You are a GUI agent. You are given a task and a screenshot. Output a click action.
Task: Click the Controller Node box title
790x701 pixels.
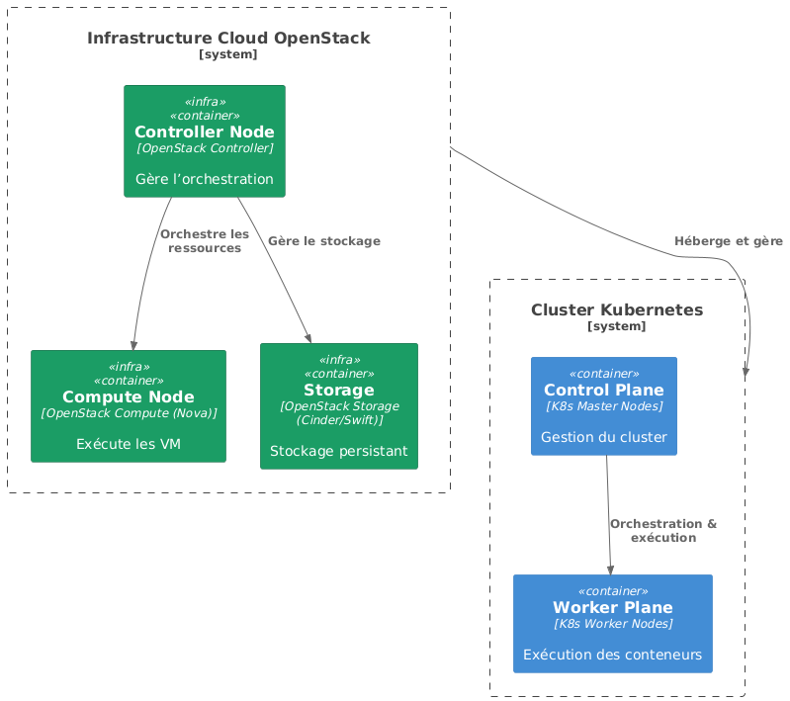pyautogui.click(x=204, y=132)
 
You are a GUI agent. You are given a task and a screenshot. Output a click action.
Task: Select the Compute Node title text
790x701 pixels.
pyautogui.click(x=129, y=396)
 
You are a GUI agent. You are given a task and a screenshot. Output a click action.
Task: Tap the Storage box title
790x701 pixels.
pyautogui.click(x=339, y=390)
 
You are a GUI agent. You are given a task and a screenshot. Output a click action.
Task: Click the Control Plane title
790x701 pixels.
pyautogui.click(x=603, y=389)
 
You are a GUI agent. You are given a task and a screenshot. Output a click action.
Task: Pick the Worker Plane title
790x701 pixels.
pyautogui.click(x=612, y=606)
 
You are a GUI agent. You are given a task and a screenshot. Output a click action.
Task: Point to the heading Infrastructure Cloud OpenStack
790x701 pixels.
pyautogui.click(x=228, y=39)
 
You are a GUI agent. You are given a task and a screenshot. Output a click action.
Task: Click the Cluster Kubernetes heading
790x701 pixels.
pyautogui.click(x=616, y=309)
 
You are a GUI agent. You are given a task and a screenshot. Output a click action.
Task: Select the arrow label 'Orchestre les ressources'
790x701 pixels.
pyautogui.click(x=204, y=241)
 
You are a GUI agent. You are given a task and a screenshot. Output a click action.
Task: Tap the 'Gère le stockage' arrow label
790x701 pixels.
pyautogui.click(x=323, y=241)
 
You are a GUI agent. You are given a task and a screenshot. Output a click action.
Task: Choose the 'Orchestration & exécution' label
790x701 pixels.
pyautogui.click(x=662, y=531)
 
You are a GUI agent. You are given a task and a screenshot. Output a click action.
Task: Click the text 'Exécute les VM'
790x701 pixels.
pyautogui.click(x=129, y=444)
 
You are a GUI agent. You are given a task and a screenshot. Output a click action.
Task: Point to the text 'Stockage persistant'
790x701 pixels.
pyautogui.click(x=339, y=451)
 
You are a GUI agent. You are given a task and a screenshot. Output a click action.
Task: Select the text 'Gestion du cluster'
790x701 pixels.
pyautogui.click(x=603, y=437)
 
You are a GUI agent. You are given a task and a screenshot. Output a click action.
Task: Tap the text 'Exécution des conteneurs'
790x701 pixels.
pyautogui.click(x=612, y=654)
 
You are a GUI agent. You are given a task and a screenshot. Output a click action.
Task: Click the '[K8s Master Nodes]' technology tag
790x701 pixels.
pyautogui.click(x=603, y=406)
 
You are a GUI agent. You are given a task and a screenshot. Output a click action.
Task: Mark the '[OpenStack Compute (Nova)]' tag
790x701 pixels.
pyautogui.click(x=129, y=413)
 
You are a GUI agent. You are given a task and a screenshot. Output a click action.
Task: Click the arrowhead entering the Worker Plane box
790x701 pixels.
pyautogui.click(x=610, y=570)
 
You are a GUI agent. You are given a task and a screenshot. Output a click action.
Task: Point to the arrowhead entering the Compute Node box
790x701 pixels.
pyautogui.click(x=132, y=344)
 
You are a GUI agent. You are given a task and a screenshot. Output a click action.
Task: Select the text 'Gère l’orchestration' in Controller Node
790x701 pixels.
pyautogui.click(x=204, y=179)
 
